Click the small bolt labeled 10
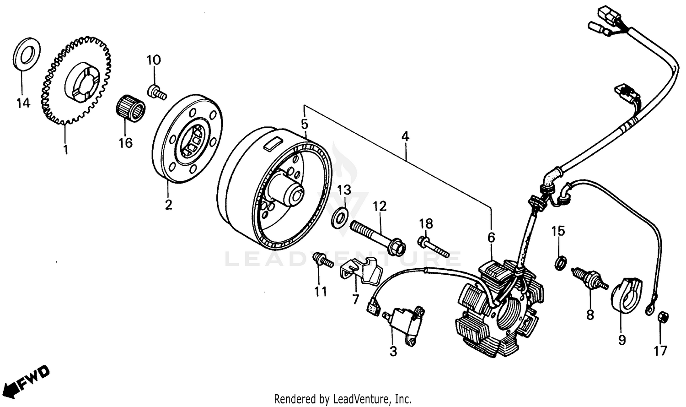(x=157, y=92)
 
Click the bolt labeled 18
(x=433, y=246)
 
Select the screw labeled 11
(x=323, y=261)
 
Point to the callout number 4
(x=405, y=136)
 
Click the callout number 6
(x=491, y=237)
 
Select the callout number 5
(x=304, y=124)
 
